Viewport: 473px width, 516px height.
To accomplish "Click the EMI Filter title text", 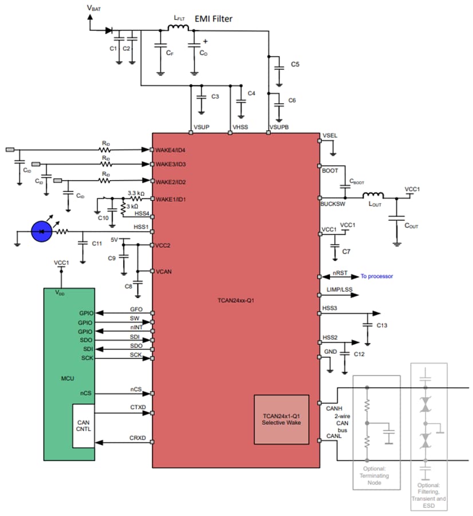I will (213, 19).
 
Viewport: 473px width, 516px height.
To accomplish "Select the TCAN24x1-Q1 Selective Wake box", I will (281, 419).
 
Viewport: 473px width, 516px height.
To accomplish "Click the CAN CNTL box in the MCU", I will (83, 426).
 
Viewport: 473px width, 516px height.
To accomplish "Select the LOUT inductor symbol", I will (375, 196).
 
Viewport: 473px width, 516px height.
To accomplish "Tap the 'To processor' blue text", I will (376, 276).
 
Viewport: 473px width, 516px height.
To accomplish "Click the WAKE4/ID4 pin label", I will (170, 150).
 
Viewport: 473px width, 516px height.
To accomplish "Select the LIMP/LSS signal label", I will (339, 290).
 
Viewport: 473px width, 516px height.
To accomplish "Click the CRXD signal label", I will (137, 438).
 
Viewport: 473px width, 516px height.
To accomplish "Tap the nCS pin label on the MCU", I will (86, 393).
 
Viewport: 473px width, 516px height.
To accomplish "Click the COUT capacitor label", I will (411, 226).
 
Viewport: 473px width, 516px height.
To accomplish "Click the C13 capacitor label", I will (383, 326).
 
